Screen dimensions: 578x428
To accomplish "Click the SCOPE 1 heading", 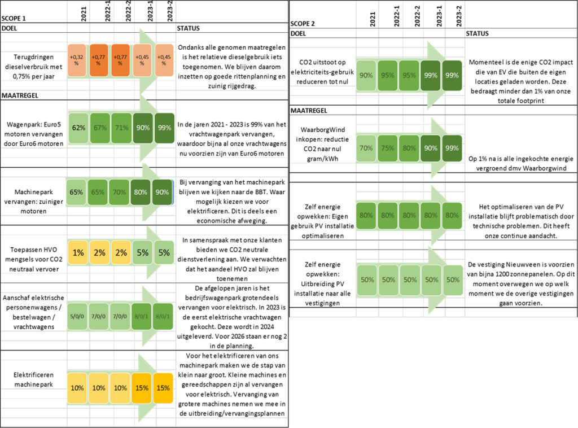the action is (14, 19).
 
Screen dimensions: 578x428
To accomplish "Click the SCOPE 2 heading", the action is (303, 24).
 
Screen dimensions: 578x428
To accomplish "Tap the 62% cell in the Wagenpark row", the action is (78, 128).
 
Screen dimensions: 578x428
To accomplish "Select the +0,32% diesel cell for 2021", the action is (77, 60).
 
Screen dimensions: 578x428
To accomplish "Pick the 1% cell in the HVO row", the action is (78, 253).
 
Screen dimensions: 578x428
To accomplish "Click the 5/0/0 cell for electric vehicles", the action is (77, 316).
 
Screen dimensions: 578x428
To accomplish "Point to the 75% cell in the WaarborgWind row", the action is (387, 148).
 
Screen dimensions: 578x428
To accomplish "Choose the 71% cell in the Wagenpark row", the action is (122, 128).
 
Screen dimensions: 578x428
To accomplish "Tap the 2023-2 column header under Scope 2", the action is (459, 16).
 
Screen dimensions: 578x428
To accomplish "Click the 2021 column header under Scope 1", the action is (84, 14).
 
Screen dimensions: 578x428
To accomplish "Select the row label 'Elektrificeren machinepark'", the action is (33, 379).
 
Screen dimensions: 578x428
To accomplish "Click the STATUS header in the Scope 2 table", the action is (478, 33).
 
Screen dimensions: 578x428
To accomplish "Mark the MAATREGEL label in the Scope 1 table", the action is (20, 95).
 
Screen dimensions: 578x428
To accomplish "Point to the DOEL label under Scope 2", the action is (298, 33).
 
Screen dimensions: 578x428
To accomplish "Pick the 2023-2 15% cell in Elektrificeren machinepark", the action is (163, 388).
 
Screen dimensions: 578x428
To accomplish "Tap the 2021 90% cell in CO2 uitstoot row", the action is (366, 76).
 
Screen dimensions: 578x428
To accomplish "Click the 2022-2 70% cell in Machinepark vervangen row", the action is (120, 193).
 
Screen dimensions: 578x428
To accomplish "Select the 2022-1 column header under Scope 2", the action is (397, 16).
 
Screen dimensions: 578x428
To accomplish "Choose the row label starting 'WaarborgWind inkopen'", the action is (322, 144).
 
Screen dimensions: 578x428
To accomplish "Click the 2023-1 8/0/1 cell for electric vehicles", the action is (142, 316).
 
